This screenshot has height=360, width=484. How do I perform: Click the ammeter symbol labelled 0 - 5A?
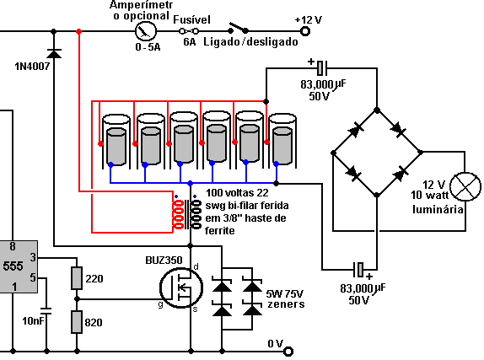tap(146, 31)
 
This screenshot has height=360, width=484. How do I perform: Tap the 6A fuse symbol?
tap(189, 31)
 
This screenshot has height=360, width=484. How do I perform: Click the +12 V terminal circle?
tap(305, 31)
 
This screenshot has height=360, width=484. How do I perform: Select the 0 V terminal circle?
tap(288, 352)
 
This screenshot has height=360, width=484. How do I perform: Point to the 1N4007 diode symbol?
tap(54, 53)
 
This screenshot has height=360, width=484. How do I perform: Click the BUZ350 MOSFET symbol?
tap(181, 287)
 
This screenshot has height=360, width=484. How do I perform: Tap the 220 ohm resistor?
tap(77, 278)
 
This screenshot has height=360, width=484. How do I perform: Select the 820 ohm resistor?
tap(77, 322)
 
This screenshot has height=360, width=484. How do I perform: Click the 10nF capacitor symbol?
tap(46, 311)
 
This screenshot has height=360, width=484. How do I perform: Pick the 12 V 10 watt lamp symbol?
tap(465, 187)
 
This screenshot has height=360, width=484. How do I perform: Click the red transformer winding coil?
tap(179, 215)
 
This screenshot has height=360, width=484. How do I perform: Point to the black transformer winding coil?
tap(196, 215)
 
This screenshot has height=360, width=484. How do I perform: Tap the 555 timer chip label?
tap(13, 266)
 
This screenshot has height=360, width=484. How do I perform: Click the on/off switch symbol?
tap(238, 28)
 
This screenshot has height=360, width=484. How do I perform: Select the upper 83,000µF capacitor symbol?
tap(321, 68)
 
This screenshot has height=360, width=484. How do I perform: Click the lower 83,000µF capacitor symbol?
tap(358, 270)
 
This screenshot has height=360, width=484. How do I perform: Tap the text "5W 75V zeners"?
tap(286, 298)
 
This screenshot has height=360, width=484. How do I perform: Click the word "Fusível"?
tap(191, 19)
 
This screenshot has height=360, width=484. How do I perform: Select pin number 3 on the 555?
tap(33, 257)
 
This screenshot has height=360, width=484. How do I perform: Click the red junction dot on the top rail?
tap(79, 31)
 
